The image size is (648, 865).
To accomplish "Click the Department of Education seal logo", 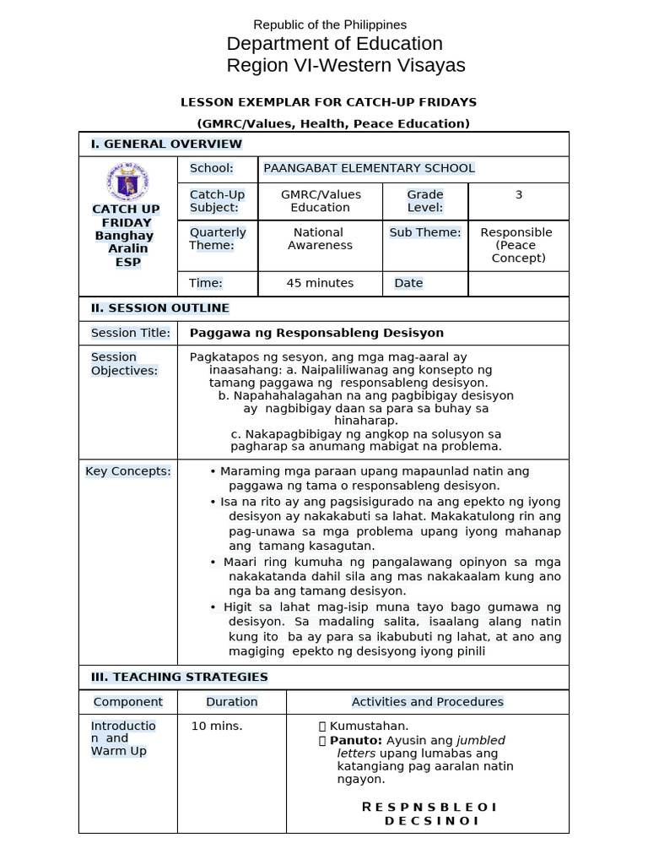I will [127, 182].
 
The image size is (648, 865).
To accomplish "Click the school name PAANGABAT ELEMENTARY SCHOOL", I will [369, 168].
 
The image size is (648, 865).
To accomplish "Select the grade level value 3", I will [518, 194].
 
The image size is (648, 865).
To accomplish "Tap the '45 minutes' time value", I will [320, 283].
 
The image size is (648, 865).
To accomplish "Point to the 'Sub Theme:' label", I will [425, 232].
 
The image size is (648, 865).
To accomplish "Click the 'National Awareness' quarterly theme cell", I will [320, 238].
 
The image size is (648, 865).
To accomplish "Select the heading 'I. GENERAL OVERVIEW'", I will [166, 144].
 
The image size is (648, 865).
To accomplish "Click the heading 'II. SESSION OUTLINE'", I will [160, 308].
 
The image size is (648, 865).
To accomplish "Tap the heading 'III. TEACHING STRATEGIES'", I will [179, 677].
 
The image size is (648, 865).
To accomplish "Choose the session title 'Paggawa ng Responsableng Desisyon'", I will [316, 333].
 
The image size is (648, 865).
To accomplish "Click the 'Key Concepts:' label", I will [128, 471].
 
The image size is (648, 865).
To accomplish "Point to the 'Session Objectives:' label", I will [124, 364].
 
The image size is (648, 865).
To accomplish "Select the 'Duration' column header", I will [232, 702].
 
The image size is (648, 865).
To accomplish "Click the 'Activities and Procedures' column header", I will [427, 702].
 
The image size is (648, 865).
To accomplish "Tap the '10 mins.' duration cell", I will [217, 726].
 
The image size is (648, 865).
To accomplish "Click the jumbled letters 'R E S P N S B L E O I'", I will [429, 807].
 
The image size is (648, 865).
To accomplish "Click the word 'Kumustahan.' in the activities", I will [369, 726].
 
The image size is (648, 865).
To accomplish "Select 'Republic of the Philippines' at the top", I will [331, 25].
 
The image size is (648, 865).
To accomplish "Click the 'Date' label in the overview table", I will [408, 283].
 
